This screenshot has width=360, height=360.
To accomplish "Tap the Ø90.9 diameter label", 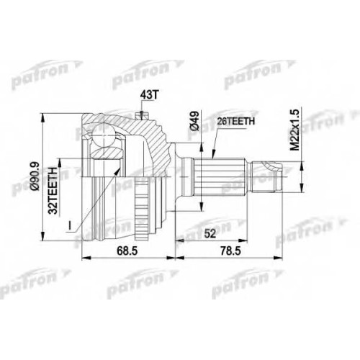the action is pyautogui.click(x=35, y=176).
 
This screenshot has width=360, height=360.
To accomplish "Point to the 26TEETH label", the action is pyautogui.click(x=235, y=122).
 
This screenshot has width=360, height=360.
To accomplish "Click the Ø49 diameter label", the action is pyautogui.click(x=194, y=121).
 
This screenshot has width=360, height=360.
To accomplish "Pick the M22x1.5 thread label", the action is pyautogui.click(x=295, y=130).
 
